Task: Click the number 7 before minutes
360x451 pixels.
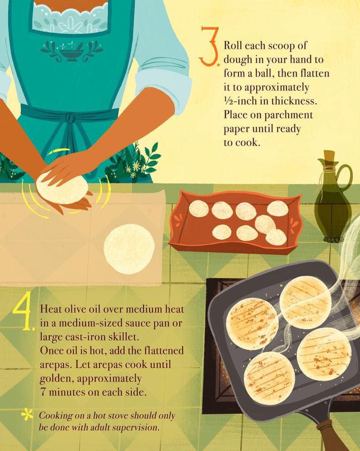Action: (x=43, y=392)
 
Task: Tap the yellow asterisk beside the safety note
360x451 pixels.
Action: (x=27, y=414)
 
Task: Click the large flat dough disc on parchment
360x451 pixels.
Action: (x=129, y=249)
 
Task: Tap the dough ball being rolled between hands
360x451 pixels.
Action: (x=62, y=188)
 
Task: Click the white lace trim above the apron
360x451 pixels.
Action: (x=72, y=18)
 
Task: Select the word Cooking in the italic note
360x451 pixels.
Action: (x=56, y=416)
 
